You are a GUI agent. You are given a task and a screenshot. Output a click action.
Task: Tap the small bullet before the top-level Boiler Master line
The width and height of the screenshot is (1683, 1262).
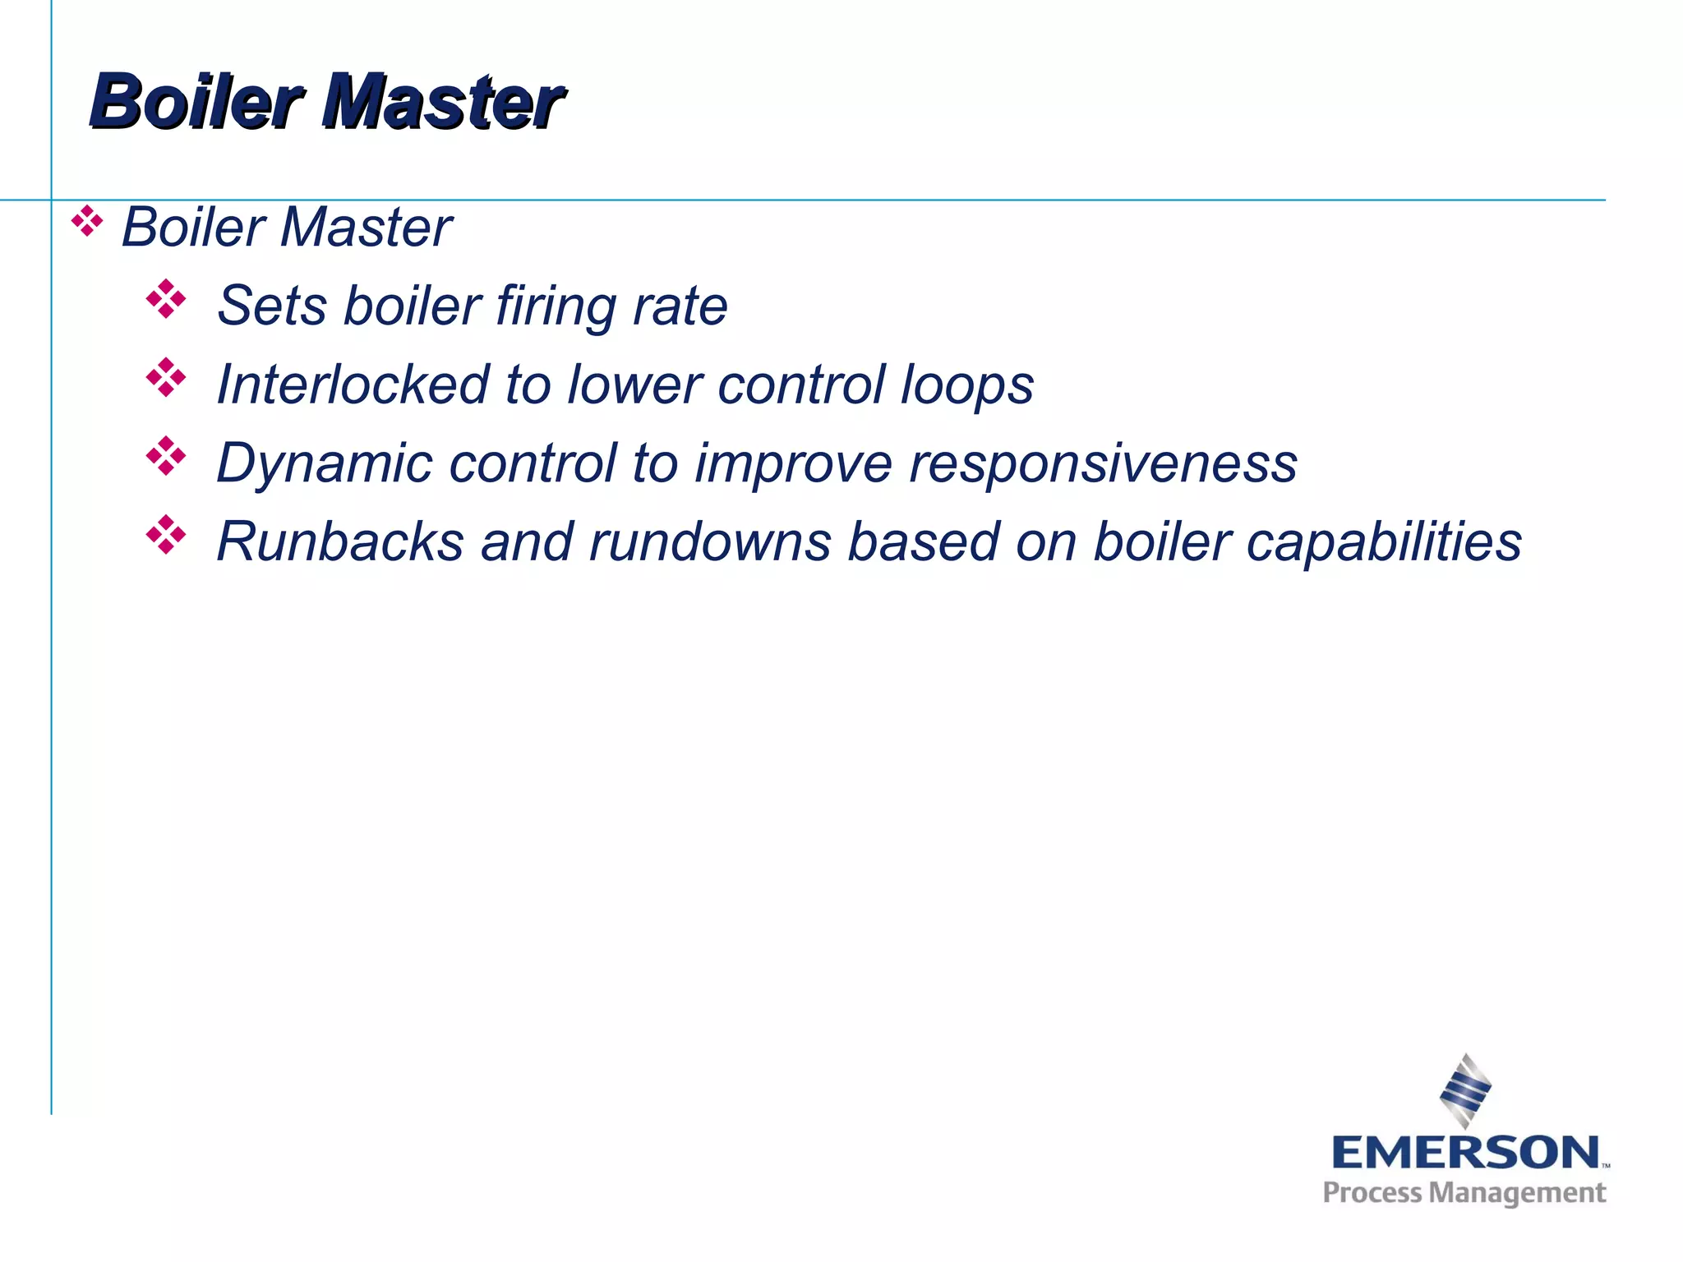[87, 222]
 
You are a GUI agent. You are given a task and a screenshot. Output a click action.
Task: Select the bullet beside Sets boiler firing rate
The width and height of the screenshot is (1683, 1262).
[166, 299]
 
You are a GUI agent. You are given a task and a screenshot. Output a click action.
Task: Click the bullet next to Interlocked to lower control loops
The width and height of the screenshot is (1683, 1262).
[166, 378]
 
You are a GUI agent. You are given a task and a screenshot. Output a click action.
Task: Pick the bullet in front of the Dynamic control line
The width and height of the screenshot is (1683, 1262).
[166, 456]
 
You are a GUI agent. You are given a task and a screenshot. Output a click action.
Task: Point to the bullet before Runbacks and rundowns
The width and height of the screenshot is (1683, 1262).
[166, 535]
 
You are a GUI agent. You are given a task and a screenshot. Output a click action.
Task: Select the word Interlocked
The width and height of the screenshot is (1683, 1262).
[353, 385]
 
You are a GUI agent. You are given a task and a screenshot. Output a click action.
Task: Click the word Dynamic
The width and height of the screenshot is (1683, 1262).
[325, 464]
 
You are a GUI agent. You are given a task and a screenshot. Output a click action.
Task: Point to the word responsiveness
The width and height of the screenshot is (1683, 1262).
[1103, 464]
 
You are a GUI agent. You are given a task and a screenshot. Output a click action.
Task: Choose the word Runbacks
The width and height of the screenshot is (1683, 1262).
[340, 542]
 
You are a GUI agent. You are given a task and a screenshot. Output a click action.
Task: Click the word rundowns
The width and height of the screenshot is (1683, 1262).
[710, 542]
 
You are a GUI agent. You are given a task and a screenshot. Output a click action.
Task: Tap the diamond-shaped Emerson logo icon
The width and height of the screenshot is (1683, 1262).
[1465, 1091]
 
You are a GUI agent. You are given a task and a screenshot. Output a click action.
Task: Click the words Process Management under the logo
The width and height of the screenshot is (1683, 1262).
[1464, 1193]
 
